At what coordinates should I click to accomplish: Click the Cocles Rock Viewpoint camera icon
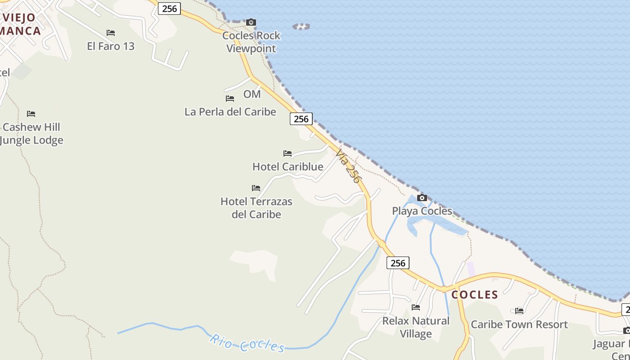[251, 22]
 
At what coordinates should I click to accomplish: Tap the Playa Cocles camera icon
[422, 198]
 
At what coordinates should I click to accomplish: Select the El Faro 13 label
[111, 46]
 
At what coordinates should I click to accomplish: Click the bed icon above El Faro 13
[111, 33]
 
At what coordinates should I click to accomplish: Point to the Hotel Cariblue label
[288, 166]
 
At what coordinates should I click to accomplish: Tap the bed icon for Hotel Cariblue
[288, 153]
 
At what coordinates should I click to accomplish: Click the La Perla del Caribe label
[230, 112]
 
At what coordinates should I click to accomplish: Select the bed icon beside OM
[230, 98]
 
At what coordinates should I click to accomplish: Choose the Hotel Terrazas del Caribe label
[256, 208]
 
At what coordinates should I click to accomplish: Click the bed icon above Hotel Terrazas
[256, 188]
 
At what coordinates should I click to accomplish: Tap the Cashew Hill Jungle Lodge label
[31, 134]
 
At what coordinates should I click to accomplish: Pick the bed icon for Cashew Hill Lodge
[31, 114]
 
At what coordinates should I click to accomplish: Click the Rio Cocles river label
[247, 343]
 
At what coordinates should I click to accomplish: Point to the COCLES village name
[475, 295]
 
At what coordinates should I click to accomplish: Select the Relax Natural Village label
[416, 327]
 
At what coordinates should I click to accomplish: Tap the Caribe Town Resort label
[519, 324]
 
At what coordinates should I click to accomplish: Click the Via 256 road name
[349, 166]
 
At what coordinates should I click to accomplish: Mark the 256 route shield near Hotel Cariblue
[301, 119]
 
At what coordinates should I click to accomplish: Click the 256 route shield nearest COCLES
[398, 263]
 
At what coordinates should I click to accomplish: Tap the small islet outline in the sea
[301, 27]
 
